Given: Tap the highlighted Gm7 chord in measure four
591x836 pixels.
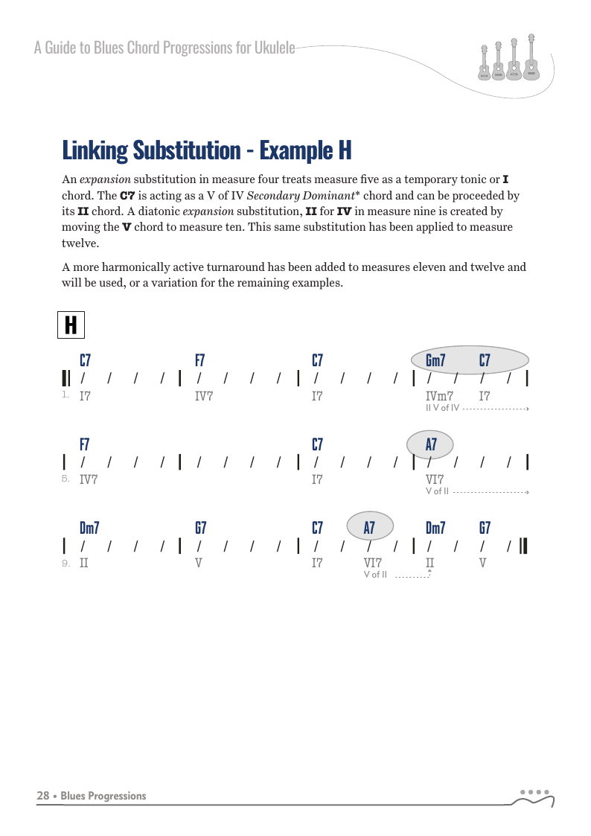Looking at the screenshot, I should (435, 361).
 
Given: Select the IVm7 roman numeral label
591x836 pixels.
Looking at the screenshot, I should (439, 396).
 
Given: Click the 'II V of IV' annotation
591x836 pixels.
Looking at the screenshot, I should (442, 408).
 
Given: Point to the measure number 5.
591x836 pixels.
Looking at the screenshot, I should (66, 479).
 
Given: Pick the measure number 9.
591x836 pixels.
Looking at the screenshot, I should (66, 564).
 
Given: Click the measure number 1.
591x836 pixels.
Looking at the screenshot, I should (66, 395).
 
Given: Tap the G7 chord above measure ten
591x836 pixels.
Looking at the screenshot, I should (200, 529).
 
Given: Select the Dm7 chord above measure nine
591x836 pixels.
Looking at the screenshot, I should (89, 529).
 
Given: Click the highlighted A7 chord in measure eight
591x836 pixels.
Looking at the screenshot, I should (431, 445).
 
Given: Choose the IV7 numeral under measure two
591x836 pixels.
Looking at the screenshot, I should (204, 396).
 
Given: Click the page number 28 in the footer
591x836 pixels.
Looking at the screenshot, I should (43, 796).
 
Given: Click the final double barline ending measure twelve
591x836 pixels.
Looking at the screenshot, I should (524, 546).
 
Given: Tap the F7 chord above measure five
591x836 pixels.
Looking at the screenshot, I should (85, 445).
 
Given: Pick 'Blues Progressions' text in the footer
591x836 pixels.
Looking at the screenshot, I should (103, 796).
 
